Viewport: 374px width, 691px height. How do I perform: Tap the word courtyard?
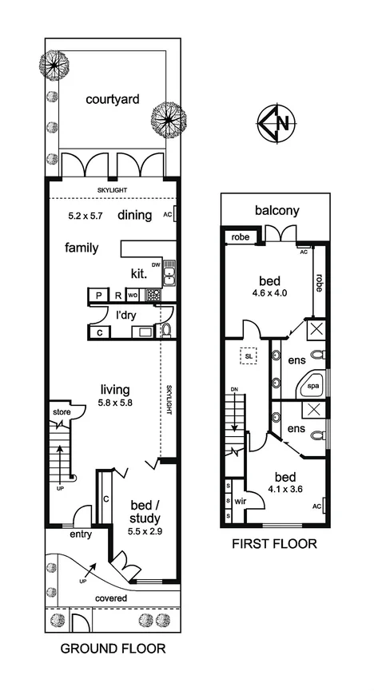coord(113,100)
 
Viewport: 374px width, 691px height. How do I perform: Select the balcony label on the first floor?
coord(277,211)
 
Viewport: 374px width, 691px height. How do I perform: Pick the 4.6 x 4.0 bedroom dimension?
coord(267,292)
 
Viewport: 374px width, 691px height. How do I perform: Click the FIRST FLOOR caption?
coord(274,545)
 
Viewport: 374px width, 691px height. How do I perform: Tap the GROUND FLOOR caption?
coord(113,649)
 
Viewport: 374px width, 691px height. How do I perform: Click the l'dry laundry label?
coord(124,314)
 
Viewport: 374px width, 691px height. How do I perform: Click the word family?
coord(82,248)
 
